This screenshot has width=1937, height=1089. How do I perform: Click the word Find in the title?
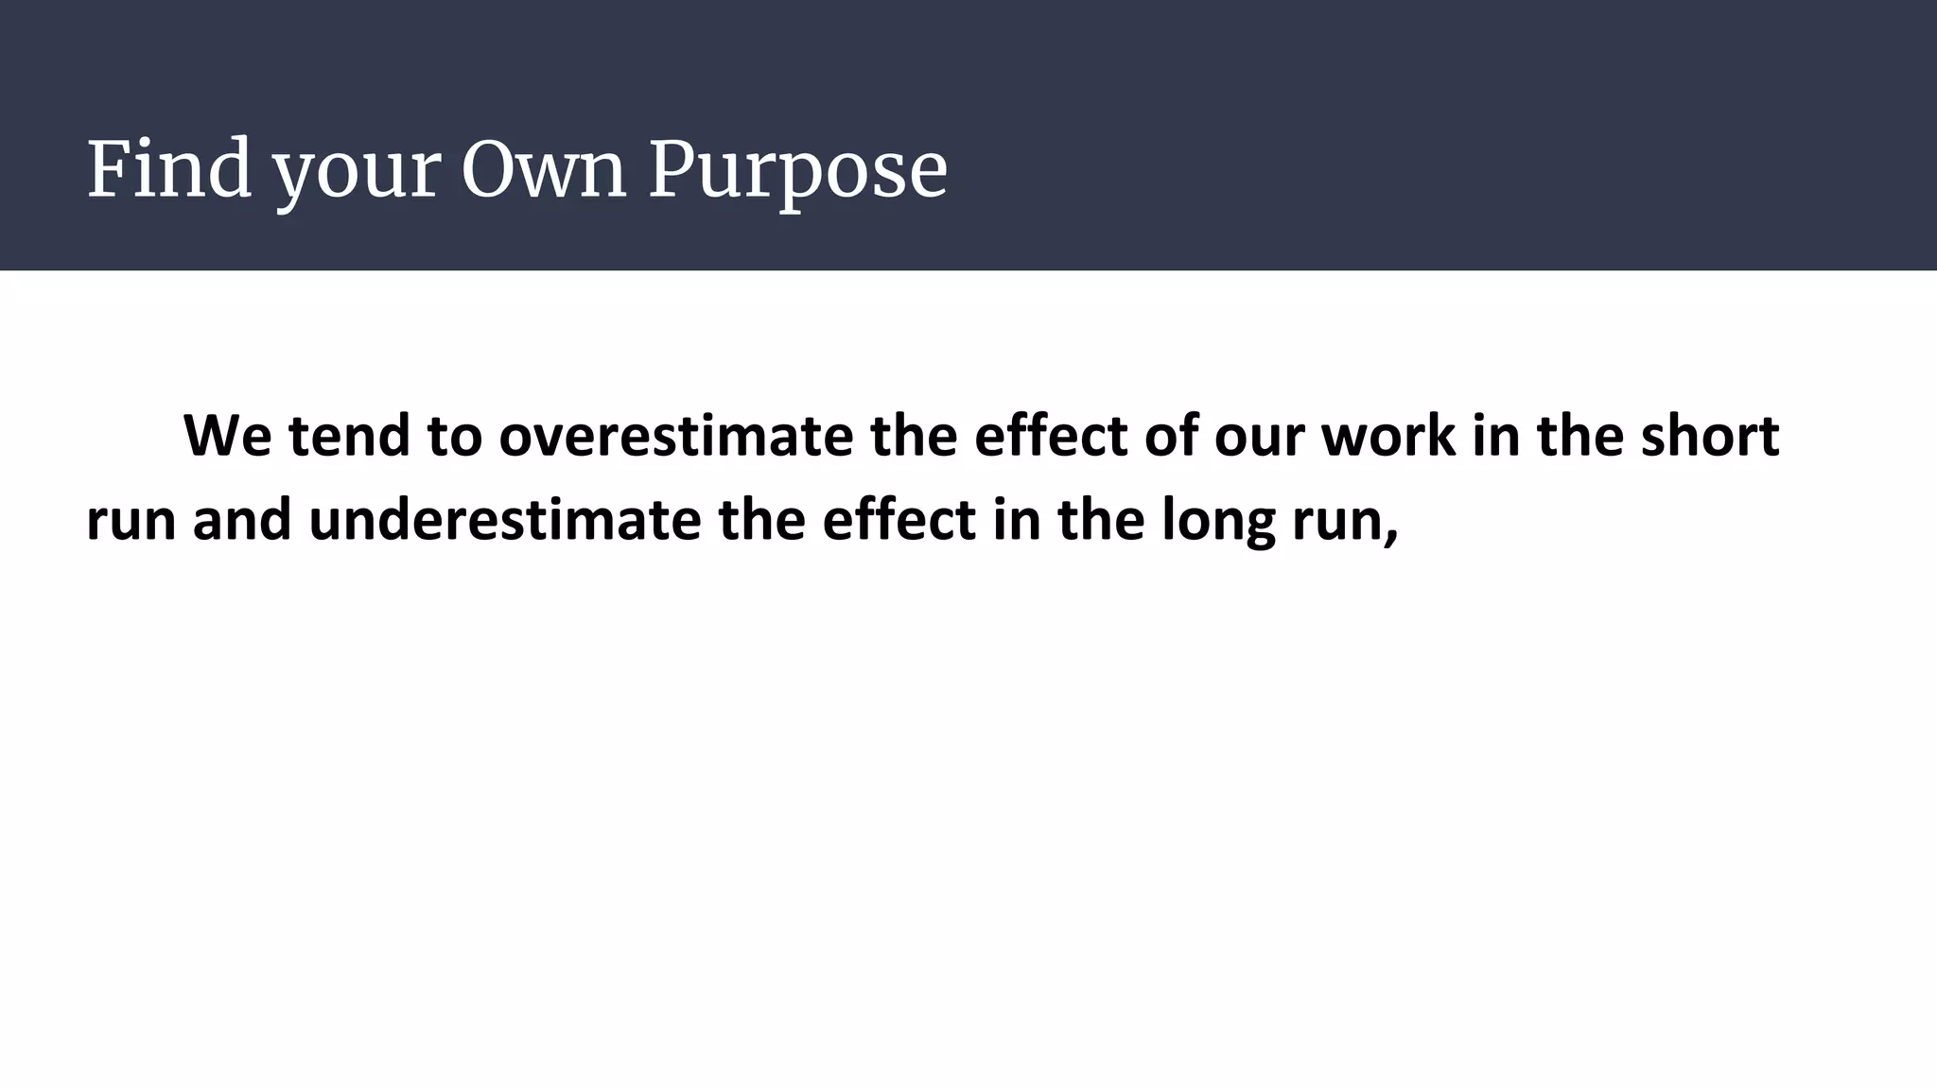click(x=169, y=169)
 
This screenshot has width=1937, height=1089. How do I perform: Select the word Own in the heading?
click(x=544, y=169)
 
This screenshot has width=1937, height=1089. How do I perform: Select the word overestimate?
click(x=676, y=436)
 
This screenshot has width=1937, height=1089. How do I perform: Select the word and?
click(x=242, y=520)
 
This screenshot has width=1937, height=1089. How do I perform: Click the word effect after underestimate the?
click(x=899, y=520)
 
